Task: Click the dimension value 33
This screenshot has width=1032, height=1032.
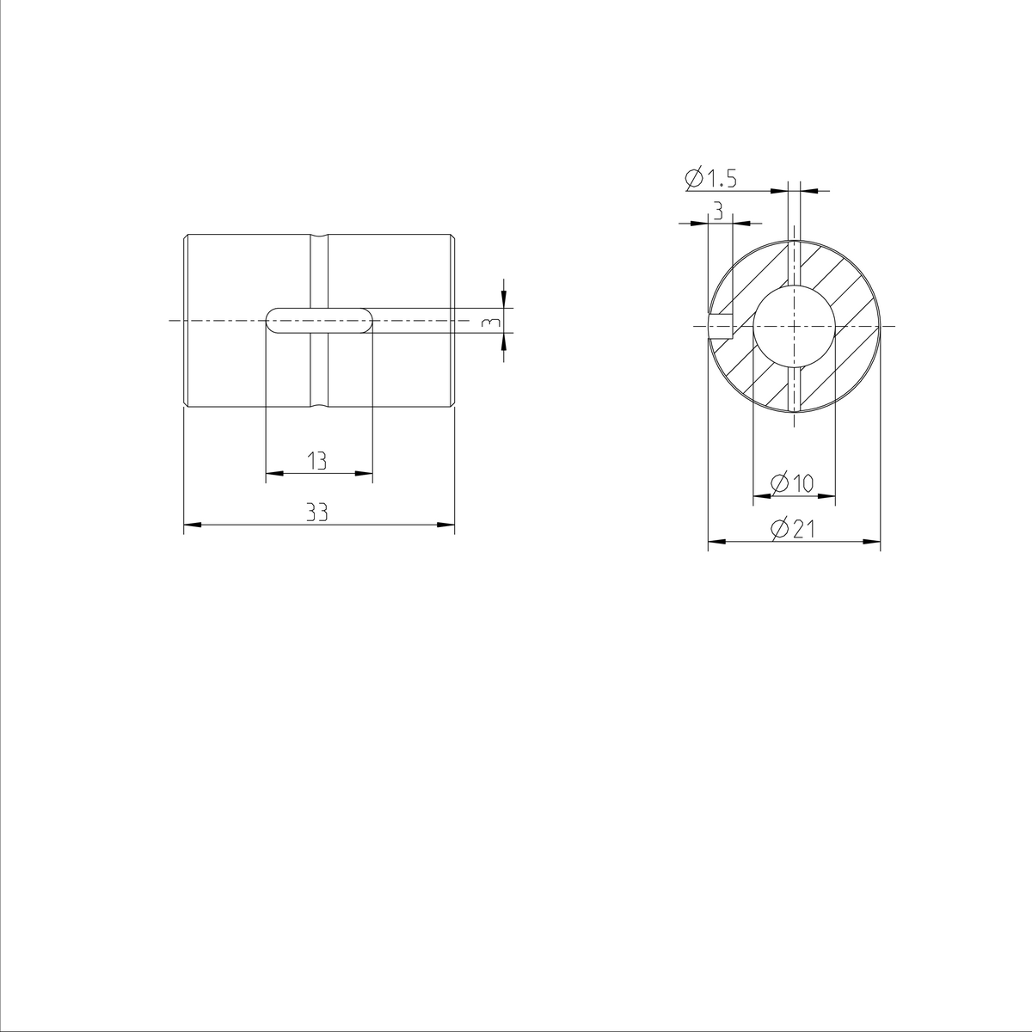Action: (x=317, y=513)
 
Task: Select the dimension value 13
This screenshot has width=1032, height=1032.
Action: (x=317, y=462)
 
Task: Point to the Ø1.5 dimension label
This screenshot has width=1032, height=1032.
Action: (x=711, y=179)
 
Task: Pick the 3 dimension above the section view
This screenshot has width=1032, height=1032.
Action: (x=718, y=212)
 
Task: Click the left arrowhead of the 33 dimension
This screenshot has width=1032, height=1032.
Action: (x=191, y=524)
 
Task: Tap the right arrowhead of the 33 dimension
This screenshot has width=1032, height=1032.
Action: (x=447, y=524)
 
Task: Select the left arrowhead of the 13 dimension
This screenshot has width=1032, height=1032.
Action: (x=273, y=472)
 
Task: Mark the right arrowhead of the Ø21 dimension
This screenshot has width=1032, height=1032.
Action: (x=874, y=542)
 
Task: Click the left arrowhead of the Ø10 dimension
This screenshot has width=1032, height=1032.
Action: (x=759, y=495)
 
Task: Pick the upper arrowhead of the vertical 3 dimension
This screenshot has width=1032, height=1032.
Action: (x=503, y=300)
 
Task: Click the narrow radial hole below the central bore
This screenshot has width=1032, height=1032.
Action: (x=794, y=388)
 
